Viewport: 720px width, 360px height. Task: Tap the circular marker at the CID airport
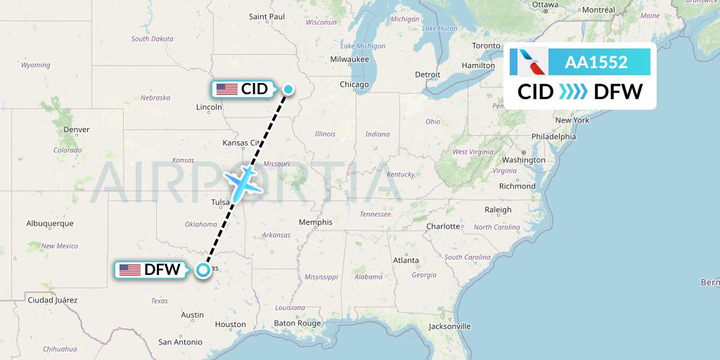point(289,89)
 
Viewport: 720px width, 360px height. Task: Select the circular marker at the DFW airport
point(203,269)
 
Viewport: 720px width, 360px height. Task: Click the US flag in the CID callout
point(226,89)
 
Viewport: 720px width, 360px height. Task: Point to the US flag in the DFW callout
point(130,269)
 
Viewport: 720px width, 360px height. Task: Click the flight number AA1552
point(596,62)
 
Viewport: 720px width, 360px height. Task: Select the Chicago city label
point(354,84)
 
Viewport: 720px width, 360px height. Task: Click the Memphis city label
point(315,222)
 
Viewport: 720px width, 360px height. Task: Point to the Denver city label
point(76,129)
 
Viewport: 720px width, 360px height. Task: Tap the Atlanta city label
point(406,260)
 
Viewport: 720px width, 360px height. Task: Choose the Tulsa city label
point(220,202)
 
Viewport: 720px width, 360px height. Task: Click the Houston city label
point(231,324)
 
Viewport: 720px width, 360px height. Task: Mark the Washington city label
point(524,160)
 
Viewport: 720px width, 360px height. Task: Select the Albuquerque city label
point(50,224)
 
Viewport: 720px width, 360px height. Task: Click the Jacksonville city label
point(450,326)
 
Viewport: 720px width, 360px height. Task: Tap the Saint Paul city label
point(267,16)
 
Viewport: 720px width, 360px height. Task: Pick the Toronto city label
point(486,46)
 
